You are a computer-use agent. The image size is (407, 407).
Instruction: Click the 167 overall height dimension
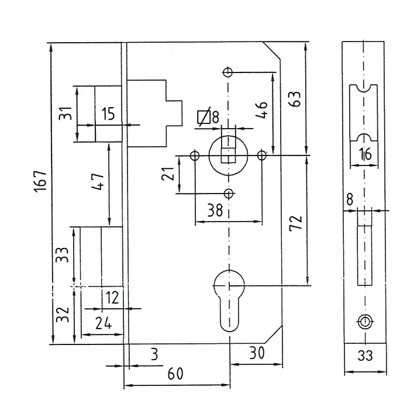(x=40, y=181)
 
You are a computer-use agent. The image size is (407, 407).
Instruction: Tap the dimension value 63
(x=295, y=99)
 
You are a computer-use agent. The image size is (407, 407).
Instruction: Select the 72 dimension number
(x=296, y=223)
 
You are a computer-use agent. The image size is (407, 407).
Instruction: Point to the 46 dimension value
(x=261, y=110)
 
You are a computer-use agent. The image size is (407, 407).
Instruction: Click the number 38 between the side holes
(x=215, y=210)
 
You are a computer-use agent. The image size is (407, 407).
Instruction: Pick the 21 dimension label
(x=167, y=174)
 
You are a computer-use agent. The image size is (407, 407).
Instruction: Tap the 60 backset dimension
(x=175, y=374)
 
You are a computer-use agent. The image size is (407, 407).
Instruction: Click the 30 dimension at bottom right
(x=257, y=353)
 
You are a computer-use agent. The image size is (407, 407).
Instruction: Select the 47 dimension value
(x=98, y=182)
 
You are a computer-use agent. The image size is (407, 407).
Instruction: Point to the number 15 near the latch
(x=108, y=113)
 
